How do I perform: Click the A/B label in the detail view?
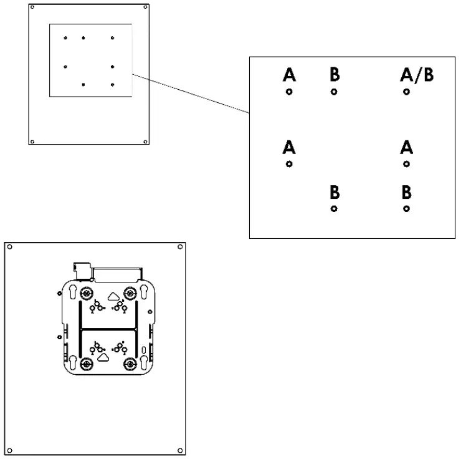point(416,75)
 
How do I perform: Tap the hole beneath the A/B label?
point(406,92)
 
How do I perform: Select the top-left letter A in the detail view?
point(289,75)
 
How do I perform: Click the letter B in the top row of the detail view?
point(335,75)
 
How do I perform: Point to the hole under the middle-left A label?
point(289,164)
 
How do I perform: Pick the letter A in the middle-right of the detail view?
point(406,148)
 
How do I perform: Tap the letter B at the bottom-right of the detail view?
point(406,192)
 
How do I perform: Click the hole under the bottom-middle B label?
point(335,208)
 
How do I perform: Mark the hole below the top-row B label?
point(335,92)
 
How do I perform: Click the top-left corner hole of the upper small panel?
point(33,7)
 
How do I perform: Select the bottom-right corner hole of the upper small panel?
point(146,140)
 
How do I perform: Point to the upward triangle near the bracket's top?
point(113,297)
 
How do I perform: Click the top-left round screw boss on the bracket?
point(87,293)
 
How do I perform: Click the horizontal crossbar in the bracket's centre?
point(107,327)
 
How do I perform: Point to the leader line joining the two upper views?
point(191,94)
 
